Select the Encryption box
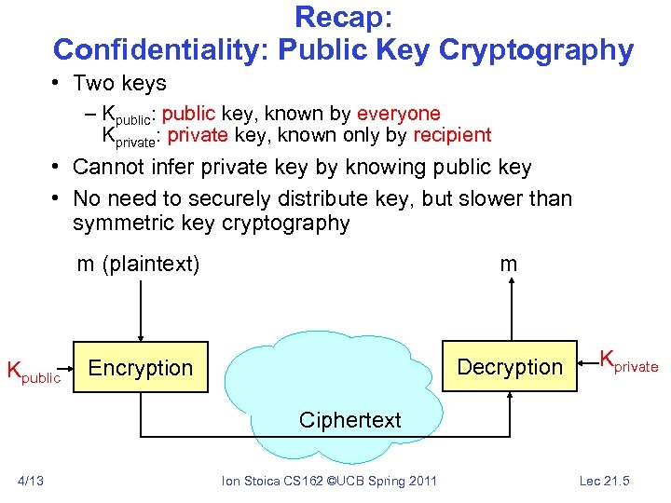coord(140,368)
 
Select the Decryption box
coord(510,368)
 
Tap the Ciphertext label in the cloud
coord(349,420)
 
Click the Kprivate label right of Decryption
coord(629,362)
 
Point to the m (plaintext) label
coord(138,264)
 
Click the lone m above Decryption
coord(508,264)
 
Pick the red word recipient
coord(452,135)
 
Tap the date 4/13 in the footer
coord(31,481)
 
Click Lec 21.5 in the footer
coord(605,481)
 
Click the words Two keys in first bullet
coord(119,83)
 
